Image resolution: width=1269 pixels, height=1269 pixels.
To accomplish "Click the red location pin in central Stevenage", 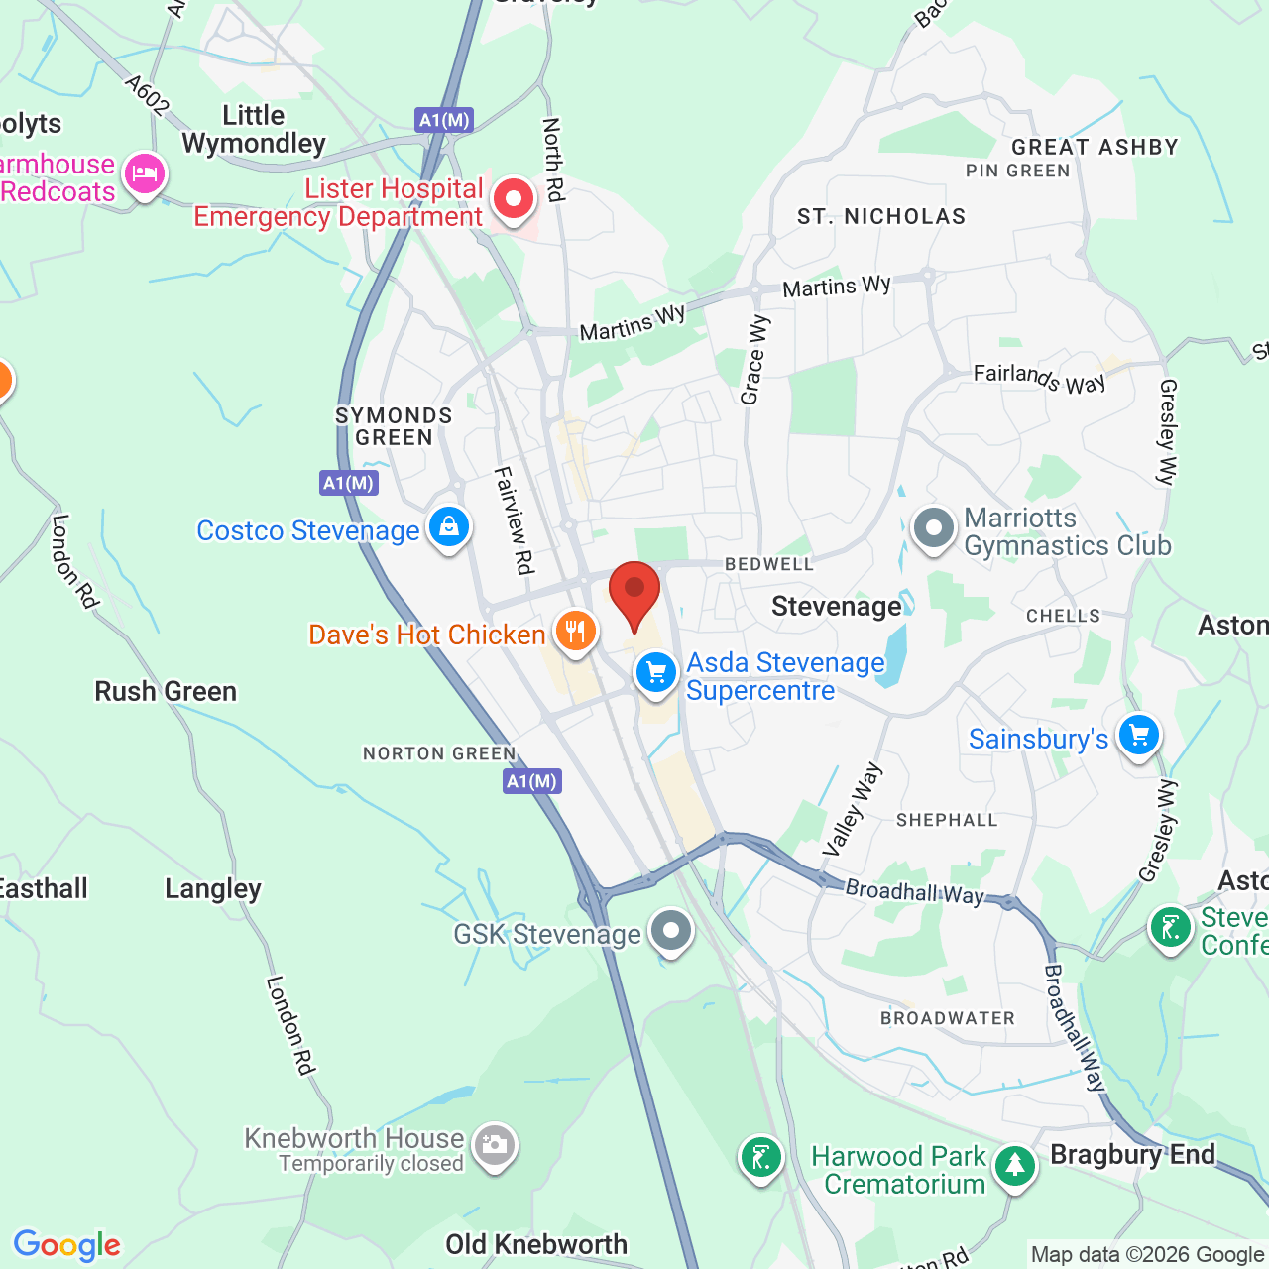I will tap(634, 591).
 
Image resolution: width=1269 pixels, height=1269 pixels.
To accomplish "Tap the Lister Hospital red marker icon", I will tap(514, 199).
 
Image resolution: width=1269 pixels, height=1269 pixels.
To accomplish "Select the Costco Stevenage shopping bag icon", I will tap(449, 526).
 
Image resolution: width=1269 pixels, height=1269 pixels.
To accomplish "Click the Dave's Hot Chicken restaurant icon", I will tap(575, 631).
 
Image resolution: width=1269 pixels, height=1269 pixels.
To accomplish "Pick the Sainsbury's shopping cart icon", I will tap(1139, 736).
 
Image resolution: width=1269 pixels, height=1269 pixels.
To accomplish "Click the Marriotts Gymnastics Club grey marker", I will tap(933, 529).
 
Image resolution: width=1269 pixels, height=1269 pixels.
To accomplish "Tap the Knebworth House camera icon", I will tap(494, 1146).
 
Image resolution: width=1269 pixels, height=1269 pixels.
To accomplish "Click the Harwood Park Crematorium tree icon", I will tap(1014, 1166).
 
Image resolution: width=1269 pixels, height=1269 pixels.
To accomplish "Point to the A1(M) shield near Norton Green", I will tap(532, 781).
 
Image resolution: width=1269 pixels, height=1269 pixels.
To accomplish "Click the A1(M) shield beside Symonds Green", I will tap(349, 483).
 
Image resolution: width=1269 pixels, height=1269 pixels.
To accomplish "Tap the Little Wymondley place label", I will tap(254, 130).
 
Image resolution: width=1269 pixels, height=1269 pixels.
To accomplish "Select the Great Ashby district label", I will tap(1095, 147).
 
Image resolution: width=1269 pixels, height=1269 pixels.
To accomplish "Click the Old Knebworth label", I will tap(536, 1244).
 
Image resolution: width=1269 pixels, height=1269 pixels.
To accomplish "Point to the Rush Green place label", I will tap(166, 691).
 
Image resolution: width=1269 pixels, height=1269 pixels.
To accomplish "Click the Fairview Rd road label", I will tap(515, 519).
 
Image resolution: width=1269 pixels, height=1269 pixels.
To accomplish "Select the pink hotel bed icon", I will tap(145, 175).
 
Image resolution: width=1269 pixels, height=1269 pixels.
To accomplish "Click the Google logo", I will tap(67, 1245).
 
